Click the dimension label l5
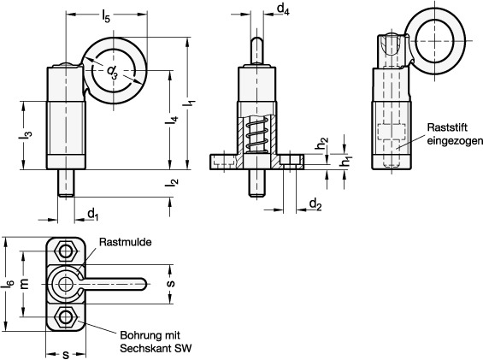click(x=106, y=16)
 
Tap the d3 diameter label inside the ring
click(x=113, y=72)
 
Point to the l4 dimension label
click(x=172, y=120)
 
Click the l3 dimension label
click(x=26, y=135)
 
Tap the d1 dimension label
click(x=93, y=215)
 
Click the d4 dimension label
click(x=283, y=9)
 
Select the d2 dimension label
click(x=315, y=204)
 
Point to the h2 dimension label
click(x=322, y=143)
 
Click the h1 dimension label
click(x=346, y=162)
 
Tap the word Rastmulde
click(x=126, y=242)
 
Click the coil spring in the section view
click(x=256, y=134)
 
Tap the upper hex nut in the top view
click(x=65, y=251)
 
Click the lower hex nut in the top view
click(x=65, y=316)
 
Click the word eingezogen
click(x=455, y=141)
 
